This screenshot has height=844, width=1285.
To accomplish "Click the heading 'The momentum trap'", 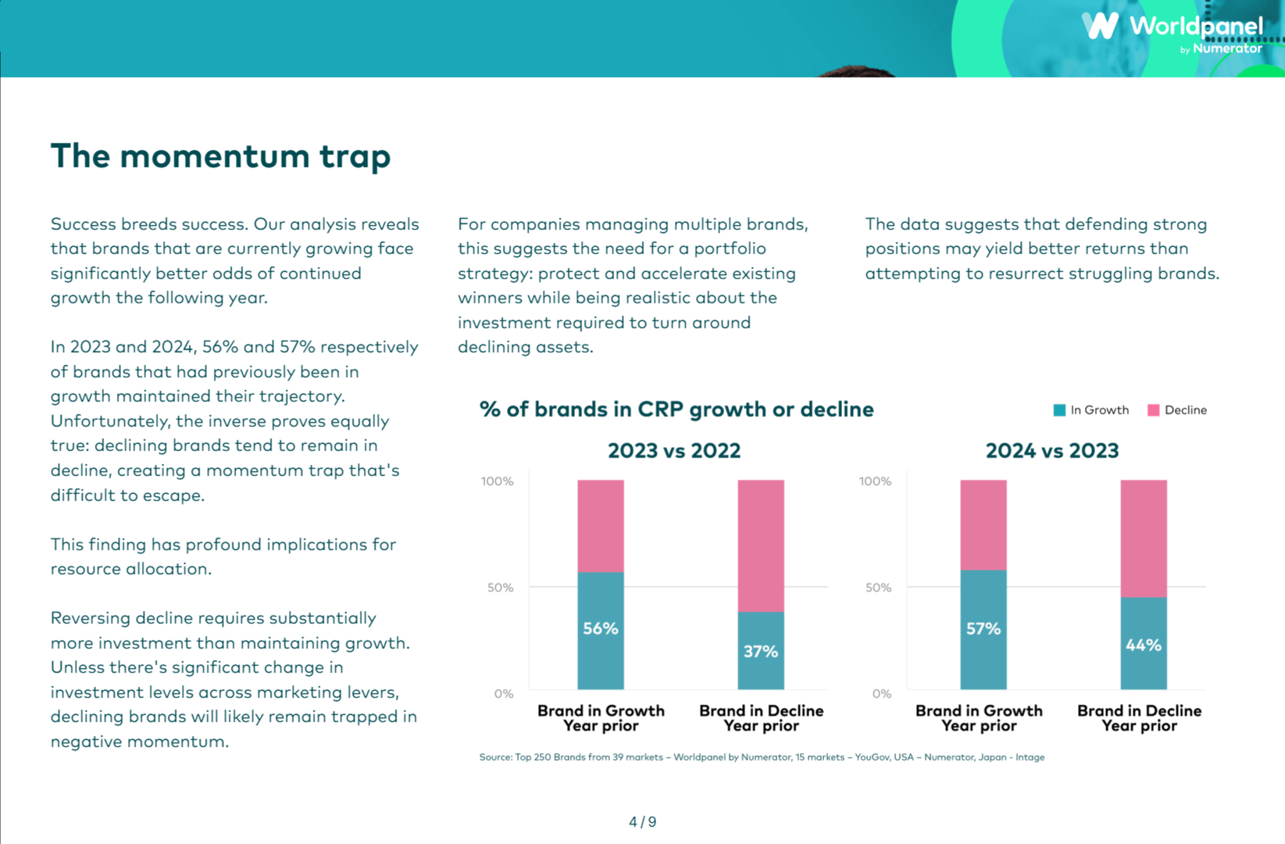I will tap(220, 156).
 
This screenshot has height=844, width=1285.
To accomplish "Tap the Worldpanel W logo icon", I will tap(1100, 26).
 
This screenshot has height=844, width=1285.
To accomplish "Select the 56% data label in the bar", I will tap(600, 628).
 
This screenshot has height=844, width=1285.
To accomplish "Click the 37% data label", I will tap(760, 651).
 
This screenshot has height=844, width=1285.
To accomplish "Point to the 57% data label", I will tap(983, 628).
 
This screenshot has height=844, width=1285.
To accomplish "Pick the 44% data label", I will tap(1143, 645).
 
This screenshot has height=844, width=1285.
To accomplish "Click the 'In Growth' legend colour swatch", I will tap(1059, 410).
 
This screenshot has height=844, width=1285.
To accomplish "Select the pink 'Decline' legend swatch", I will tap(1153, 410).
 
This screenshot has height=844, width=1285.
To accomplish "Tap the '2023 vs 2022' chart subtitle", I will tap(673, 451).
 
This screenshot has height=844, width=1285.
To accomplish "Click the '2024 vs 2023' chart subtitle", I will tap(1051, 451).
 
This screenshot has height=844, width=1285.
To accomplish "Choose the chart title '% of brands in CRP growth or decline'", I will tap(676, 409).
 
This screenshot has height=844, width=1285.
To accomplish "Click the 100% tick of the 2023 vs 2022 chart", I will tap(498, 481).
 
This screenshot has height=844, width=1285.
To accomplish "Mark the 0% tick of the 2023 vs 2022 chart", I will tap(504, 694).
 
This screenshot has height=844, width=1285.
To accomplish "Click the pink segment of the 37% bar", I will tap(761, 545).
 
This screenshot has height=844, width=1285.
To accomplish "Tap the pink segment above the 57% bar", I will tap(983, 524).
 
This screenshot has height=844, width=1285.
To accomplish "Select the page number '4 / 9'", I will tap(642, 822).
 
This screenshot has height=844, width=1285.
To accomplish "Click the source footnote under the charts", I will tap(762, 757).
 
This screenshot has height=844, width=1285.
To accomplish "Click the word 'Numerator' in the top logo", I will tap(1227, 48).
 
